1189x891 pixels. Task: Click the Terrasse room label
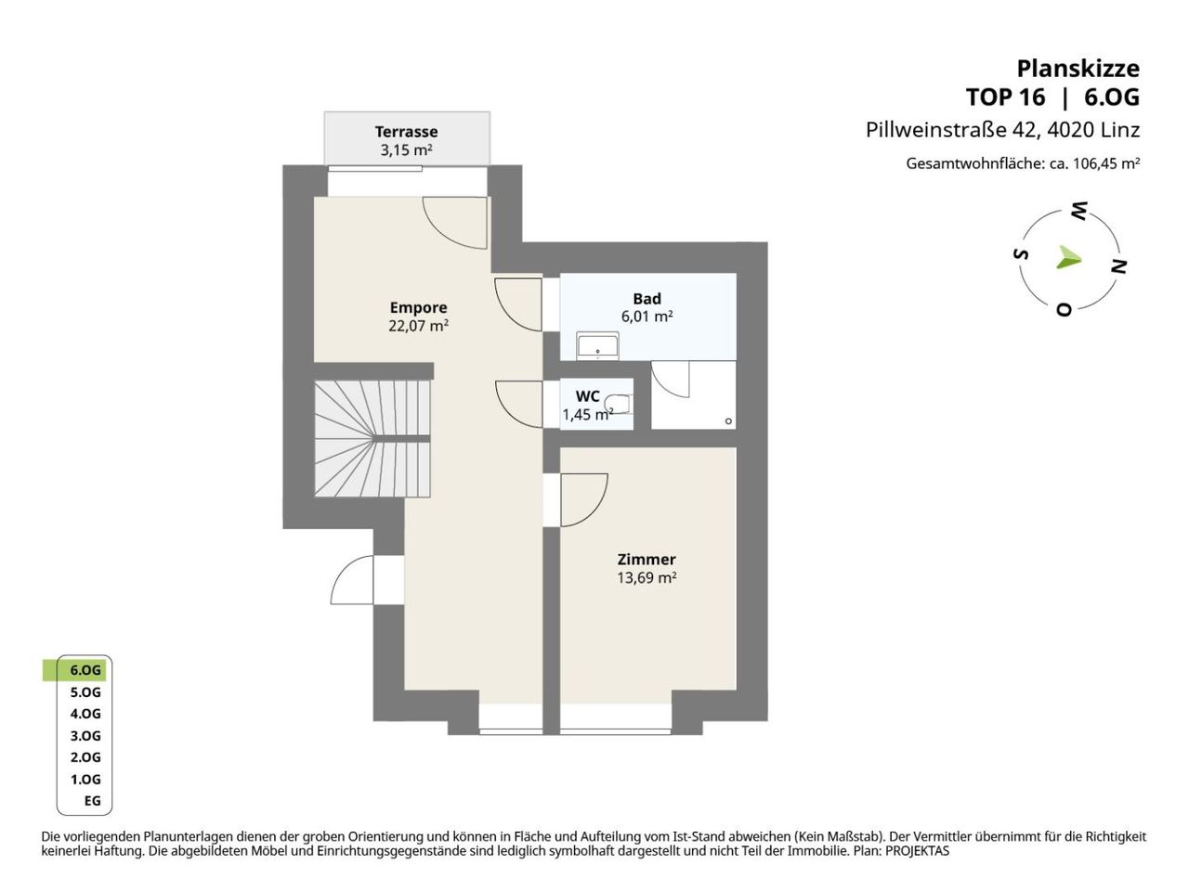coord(406,132)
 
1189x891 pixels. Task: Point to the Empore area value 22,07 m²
coord(418,326)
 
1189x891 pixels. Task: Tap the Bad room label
coord(647,299)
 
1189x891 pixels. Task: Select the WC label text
coord(588,396)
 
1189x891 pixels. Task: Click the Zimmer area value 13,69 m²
coord(647,578)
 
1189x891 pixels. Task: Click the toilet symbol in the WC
coord(619,404)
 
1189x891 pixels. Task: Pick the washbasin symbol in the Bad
coord(597,346)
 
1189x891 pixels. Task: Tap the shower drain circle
coord(728,420)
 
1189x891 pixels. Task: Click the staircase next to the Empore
coord(372,438)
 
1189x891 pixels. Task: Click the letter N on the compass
coord(1118,266)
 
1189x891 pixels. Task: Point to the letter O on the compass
coord(1064,309)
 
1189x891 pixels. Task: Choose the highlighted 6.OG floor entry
coord(85,670)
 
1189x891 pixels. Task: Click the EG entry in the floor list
coord(93,801)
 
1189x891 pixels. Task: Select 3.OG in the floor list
coord(85,736)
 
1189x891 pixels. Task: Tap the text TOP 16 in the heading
coord(1005,97)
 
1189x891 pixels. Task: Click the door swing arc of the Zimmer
coord(594,511)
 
